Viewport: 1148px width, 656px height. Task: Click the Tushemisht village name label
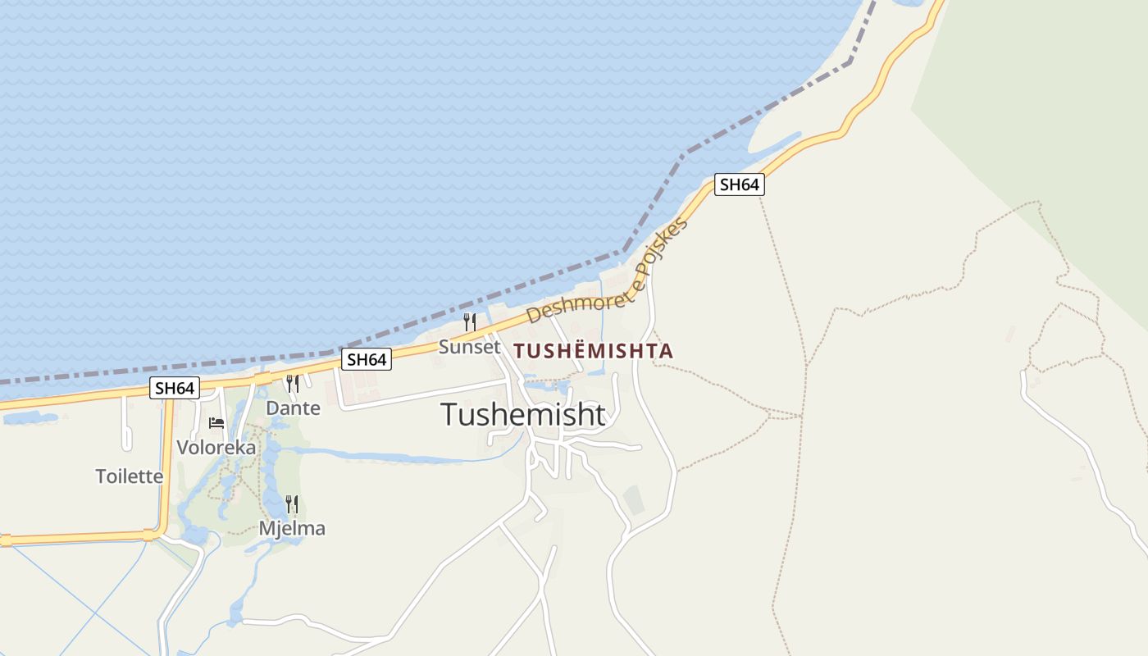(x=523, y=415)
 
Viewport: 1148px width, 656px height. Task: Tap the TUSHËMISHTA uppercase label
(x=593, y=351)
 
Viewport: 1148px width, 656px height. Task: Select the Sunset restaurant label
(x=469, y=347)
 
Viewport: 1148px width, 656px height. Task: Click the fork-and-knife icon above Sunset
(x=470, y=321)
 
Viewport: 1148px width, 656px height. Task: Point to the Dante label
(x=293, y=408)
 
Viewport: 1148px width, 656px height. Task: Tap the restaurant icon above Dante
(x=292, y=383)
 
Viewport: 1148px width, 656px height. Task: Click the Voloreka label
(x=216, y=448)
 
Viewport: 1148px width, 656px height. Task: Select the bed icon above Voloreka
(x=216, y=423)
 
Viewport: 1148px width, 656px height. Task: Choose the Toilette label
(x=130, y=476)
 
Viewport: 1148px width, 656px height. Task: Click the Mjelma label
(x=292, y=528)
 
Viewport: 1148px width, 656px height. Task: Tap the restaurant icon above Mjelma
(x=292, y=503)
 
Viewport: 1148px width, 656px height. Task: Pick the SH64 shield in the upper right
(x=739, y=184)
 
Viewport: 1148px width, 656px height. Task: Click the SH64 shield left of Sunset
(x=367, y=359)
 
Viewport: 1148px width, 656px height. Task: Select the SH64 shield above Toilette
(x=175, y=388)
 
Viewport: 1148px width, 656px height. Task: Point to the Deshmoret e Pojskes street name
(x=607, y=271)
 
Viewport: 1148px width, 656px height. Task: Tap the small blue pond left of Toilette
(x=29, y=418)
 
